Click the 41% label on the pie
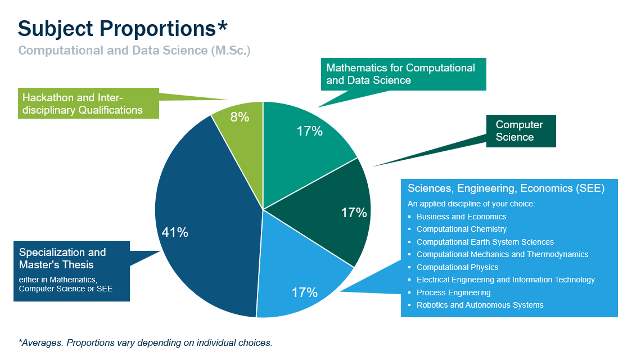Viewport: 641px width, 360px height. click(175, 232)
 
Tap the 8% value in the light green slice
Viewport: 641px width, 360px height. click(240, 118)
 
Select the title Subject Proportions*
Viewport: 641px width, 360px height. click(123, 28)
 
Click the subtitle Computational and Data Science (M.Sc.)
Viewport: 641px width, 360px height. click(134, 50)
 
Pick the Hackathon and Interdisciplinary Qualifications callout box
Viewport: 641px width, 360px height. click(88, 103)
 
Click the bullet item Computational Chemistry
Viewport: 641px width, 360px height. click(461, 229)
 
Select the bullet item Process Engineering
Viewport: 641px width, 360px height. click(453, 292)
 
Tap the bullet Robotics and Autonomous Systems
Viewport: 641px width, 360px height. click(480, 305)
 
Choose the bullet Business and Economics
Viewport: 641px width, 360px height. click(461, 217)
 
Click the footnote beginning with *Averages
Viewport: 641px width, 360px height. click(145, 342)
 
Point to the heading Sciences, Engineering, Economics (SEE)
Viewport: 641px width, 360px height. click(506, 188)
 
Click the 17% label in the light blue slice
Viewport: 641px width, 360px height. click(305, 292)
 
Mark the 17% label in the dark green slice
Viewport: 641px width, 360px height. click(354, 213)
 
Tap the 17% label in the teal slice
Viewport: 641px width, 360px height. click(310, 132)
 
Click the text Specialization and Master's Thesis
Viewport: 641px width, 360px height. click(62, 258)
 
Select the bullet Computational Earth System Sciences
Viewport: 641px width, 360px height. click(485, 242)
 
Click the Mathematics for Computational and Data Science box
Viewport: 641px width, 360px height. click(403, 74)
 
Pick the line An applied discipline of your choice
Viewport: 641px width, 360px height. click(471, 204)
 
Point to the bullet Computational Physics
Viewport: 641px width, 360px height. click(457, 267)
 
